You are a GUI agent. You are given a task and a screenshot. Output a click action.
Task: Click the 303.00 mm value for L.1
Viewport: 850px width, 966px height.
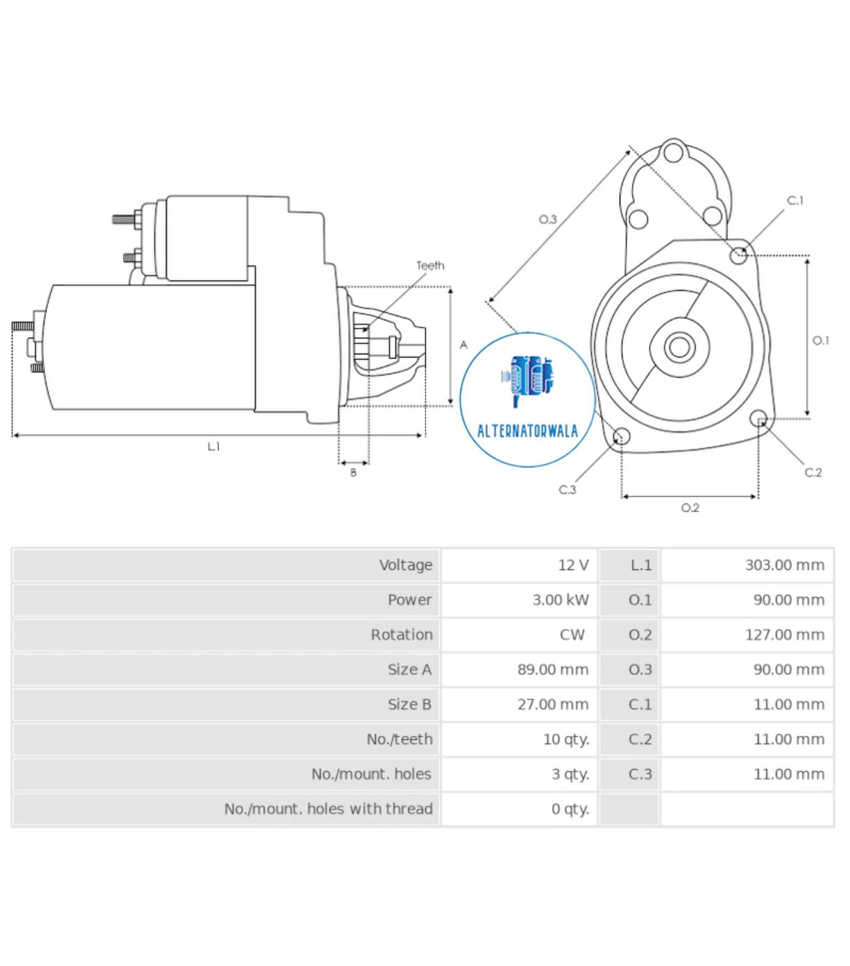coord(784,565)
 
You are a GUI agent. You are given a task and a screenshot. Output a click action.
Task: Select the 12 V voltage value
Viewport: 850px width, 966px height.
coord(572,565)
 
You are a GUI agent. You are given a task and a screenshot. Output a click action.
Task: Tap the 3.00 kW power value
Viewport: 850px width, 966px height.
coord(560,600)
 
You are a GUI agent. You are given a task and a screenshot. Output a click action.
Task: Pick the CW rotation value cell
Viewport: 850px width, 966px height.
coord(572,635)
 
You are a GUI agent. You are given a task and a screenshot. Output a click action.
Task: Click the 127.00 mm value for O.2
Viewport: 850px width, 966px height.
coord(784,635)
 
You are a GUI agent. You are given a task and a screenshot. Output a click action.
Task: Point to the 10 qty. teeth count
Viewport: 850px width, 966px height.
coord(566,739)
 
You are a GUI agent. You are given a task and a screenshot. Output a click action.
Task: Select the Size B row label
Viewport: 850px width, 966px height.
coord(409,705)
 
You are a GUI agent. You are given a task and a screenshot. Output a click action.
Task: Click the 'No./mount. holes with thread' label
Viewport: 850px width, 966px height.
coord(328,809)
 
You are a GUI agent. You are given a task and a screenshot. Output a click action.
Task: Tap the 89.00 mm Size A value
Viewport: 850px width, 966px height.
coord(552,670)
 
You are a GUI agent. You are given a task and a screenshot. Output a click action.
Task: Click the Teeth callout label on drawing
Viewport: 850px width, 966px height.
coord(430,266)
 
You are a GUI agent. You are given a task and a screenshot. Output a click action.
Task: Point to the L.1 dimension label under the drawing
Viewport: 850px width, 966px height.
coord(214,447)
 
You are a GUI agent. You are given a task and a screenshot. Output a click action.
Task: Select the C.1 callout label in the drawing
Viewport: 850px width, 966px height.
coord(795,200)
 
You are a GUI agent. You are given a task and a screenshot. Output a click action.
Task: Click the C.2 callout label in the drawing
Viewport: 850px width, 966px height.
coord(813,472)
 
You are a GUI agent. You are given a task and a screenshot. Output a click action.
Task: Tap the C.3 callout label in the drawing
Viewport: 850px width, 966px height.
coord(568,490)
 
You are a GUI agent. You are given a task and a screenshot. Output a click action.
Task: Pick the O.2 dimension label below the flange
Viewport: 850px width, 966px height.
coord(690,508)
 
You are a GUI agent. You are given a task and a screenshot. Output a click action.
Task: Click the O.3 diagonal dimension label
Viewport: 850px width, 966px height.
coord(548,219)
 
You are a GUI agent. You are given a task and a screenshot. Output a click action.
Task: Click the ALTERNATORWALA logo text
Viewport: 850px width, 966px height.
coord(527,431)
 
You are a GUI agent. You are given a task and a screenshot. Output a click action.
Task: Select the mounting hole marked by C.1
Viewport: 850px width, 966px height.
coord(739,256)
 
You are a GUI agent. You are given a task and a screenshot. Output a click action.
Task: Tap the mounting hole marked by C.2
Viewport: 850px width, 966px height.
coord(759,418)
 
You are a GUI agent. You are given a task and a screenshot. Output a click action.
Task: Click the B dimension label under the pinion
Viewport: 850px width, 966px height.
coord(353,473)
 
